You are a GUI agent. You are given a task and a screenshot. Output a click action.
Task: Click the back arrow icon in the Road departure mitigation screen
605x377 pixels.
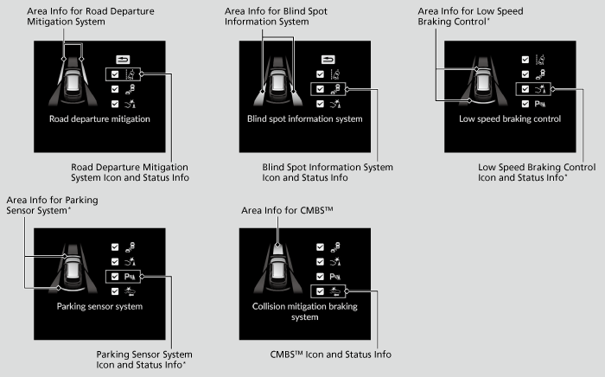[123, 60]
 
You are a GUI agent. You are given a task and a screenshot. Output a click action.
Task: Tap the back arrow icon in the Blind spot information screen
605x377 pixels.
[328, 60]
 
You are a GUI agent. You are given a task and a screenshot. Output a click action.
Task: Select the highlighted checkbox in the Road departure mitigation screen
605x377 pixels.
[115, 74]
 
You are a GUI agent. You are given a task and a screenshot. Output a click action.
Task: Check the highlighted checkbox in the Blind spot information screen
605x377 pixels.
[321, 89]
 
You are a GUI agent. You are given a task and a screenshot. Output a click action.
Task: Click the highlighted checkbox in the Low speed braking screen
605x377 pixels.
[525, 89]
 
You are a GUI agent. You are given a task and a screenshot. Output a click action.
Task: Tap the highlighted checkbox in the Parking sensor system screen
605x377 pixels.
[115, 277]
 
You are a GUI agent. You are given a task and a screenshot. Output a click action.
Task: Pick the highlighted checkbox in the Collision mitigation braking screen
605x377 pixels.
[321, 291]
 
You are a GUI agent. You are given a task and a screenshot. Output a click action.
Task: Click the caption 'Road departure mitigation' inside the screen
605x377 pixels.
[99, 118]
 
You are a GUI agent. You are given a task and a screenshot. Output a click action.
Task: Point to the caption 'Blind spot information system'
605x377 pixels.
[305, 118]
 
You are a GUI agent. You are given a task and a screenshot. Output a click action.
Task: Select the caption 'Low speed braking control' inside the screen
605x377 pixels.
[510, 118]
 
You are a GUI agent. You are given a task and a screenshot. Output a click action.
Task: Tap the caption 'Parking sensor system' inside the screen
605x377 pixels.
[99, 306]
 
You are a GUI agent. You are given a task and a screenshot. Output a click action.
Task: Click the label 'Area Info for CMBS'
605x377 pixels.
[287, 210]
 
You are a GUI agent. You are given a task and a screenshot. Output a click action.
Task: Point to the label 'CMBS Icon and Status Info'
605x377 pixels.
[331, 355]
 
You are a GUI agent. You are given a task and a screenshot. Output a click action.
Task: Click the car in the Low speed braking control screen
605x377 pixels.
[482, 83]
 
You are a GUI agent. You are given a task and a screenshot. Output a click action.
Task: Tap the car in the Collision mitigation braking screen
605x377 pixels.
[277, 269]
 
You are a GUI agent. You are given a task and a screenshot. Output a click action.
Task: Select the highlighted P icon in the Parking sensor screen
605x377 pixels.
[130, 277]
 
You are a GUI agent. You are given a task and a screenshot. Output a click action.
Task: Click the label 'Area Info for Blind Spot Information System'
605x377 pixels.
[276, 16]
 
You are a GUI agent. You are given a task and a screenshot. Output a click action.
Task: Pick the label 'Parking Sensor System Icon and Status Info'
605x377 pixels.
[144, 360]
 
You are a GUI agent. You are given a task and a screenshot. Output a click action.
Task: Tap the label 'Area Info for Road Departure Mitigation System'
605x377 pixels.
[91, 16]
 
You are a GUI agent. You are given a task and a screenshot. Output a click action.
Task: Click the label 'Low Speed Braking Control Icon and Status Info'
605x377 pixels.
[537, 172]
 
